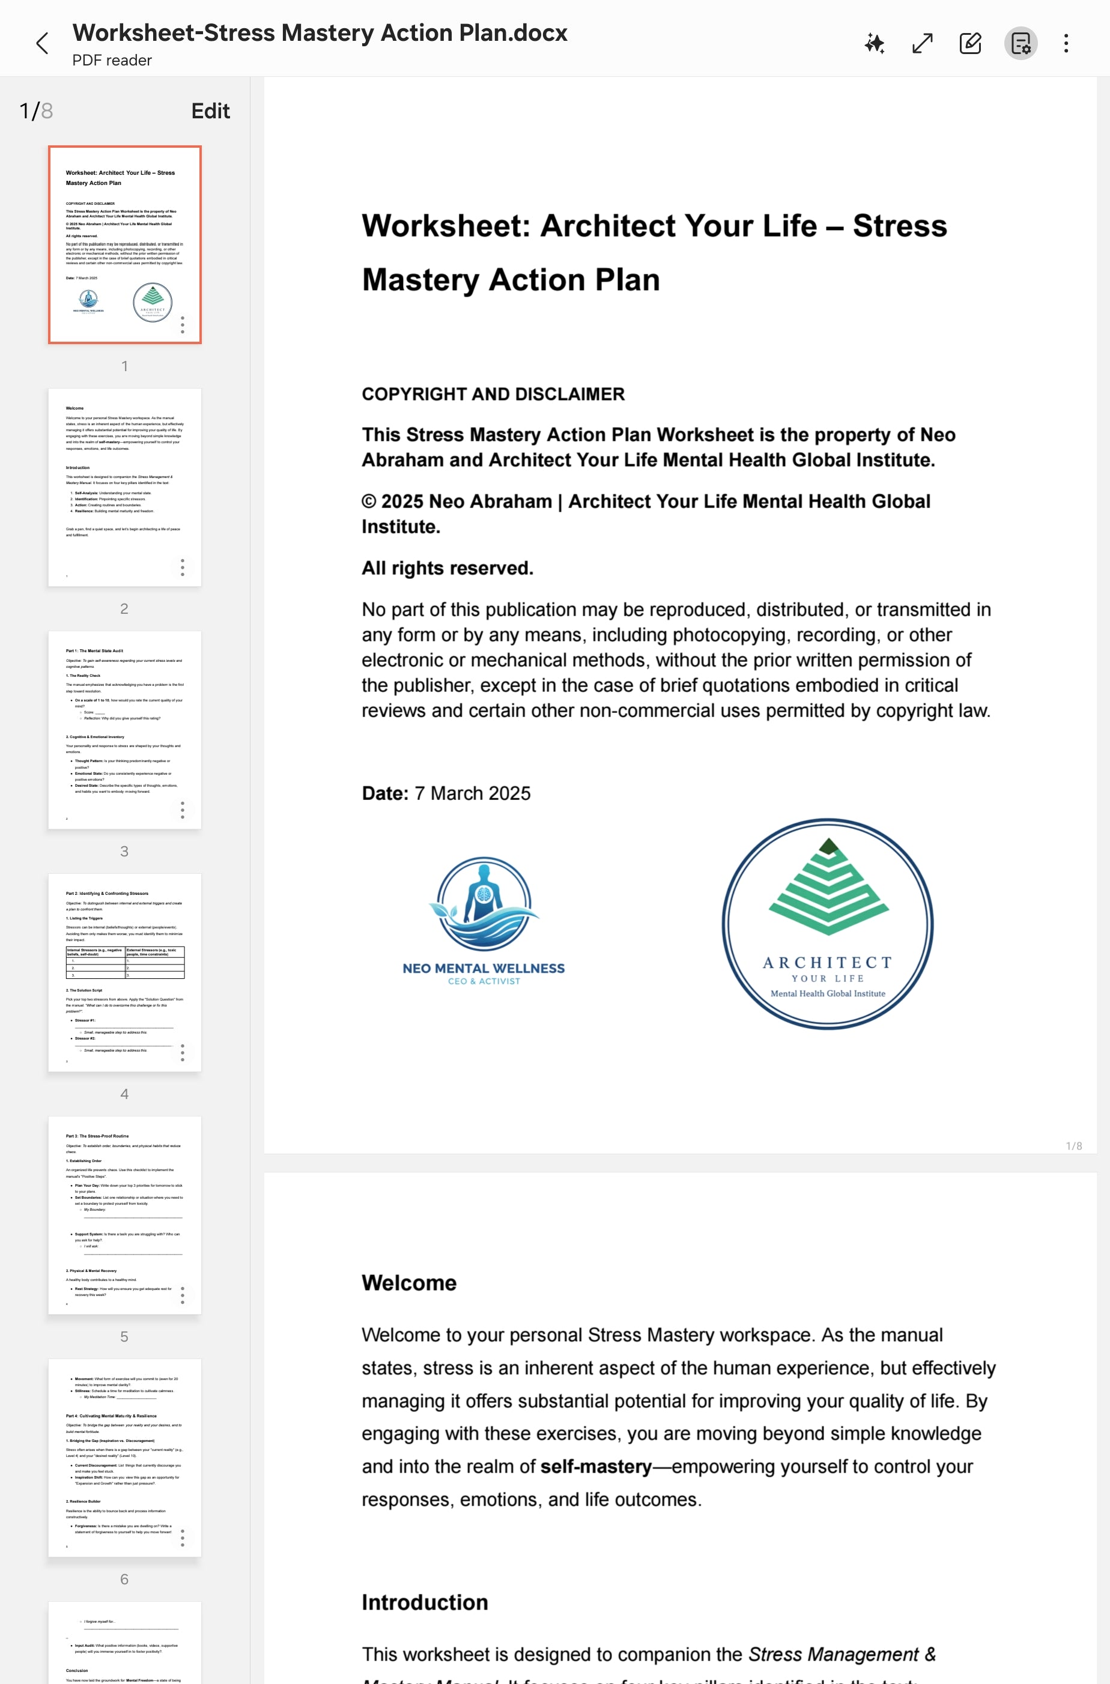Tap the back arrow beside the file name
[x=43, y=44]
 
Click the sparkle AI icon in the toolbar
[x=875, y=44]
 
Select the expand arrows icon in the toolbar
[x=923, y=44]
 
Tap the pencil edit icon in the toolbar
[x=970, y=44]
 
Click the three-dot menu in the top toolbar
[x=1066, y=44]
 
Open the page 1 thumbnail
[x=124, y=244]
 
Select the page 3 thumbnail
[x=124, y=729]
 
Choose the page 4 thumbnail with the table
[x=124, y=972]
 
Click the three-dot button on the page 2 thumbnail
[x=183, y=568]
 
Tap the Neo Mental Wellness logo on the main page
[x=484, y=920]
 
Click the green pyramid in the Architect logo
[x=828, y=888]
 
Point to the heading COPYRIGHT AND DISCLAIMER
[x=493, y=395]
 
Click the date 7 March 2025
[x=472, y=793]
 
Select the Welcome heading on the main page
[x=409, y=1283]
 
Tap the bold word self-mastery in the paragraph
[x=595, y=1466]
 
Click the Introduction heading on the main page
[x=425, y=1602]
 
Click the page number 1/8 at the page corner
[x=1073, y=1146]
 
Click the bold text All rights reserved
[x=447, y=568]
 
